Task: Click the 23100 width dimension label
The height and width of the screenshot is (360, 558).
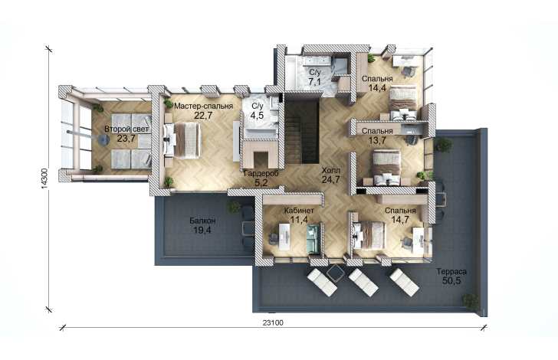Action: click(273, 322)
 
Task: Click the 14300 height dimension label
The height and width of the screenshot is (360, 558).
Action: click(44, 178)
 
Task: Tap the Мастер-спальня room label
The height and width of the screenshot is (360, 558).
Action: click(204, 106)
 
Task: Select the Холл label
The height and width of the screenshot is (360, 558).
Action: click(331, 170)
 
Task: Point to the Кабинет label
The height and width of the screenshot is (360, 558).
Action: click(299, 210)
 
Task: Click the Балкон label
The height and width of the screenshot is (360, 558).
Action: click(202, 221)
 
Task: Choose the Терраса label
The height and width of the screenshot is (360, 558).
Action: click(451, 271)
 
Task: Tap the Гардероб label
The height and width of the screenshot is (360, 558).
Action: click(261, 174)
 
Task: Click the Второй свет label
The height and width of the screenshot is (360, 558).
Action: click(126, 129)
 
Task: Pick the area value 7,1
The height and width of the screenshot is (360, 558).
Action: click(314, 82)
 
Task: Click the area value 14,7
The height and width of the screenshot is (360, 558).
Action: click(400, 220)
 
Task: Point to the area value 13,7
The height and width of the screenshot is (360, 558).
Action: click(377, 140)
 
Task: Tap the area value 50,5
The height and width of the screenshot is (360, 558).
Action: click(451, 280)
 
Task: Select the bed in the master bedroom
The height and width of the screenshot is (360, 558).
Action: click(182, 140)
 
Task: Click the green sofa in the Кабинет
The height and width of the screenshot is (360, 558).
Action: click(313, 239)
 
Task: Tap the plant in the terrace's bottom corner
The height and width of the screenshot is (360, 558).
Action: click(471, 301)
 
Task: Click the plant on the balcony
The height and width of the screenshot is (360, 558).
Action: click(234, 207)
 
